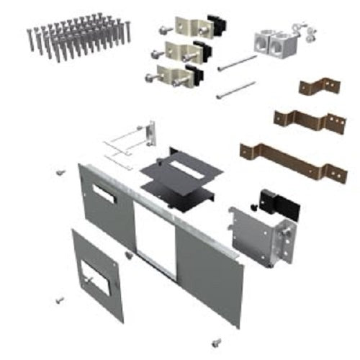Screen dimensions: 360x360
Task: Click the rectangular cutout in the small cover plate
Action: click(x=96, y=276)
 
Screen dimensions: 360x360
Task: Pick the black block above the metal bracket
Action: click(x=278, y=202)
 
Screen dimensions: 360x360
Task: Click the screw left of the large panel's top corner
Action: click(x=60, y=173)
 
